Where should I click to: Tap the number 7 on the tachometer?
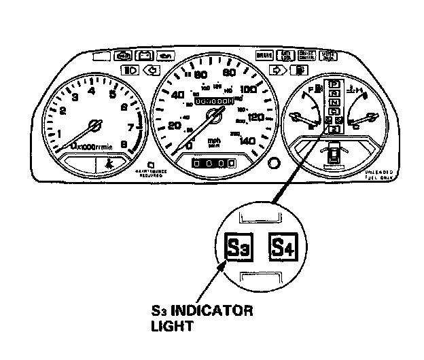[129, 127]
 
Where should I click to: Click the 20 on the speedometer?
[175, 126]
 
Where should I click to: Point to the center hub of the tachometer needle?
[94, 126]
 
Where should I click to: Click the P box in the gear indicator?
[334, 84]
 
